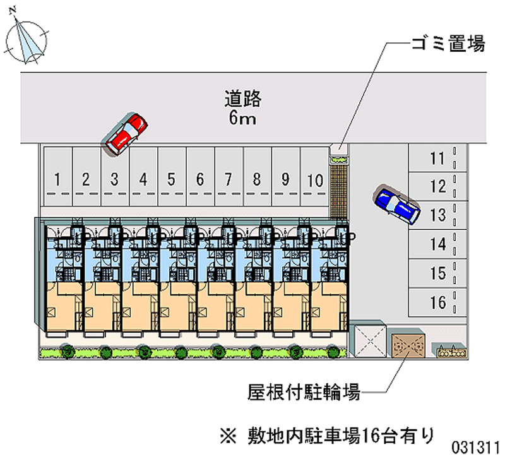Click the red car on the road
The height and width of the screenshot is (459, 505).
(126, 134)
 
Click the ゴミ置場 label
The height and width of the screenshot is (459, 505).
(448, 44)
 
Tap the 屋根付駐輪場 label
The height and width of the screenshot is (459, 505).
(304, 393)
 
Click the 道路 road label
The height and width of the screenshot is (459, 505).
(242, 99)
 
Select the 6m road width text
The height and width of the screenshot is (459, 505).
(242, 118)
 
